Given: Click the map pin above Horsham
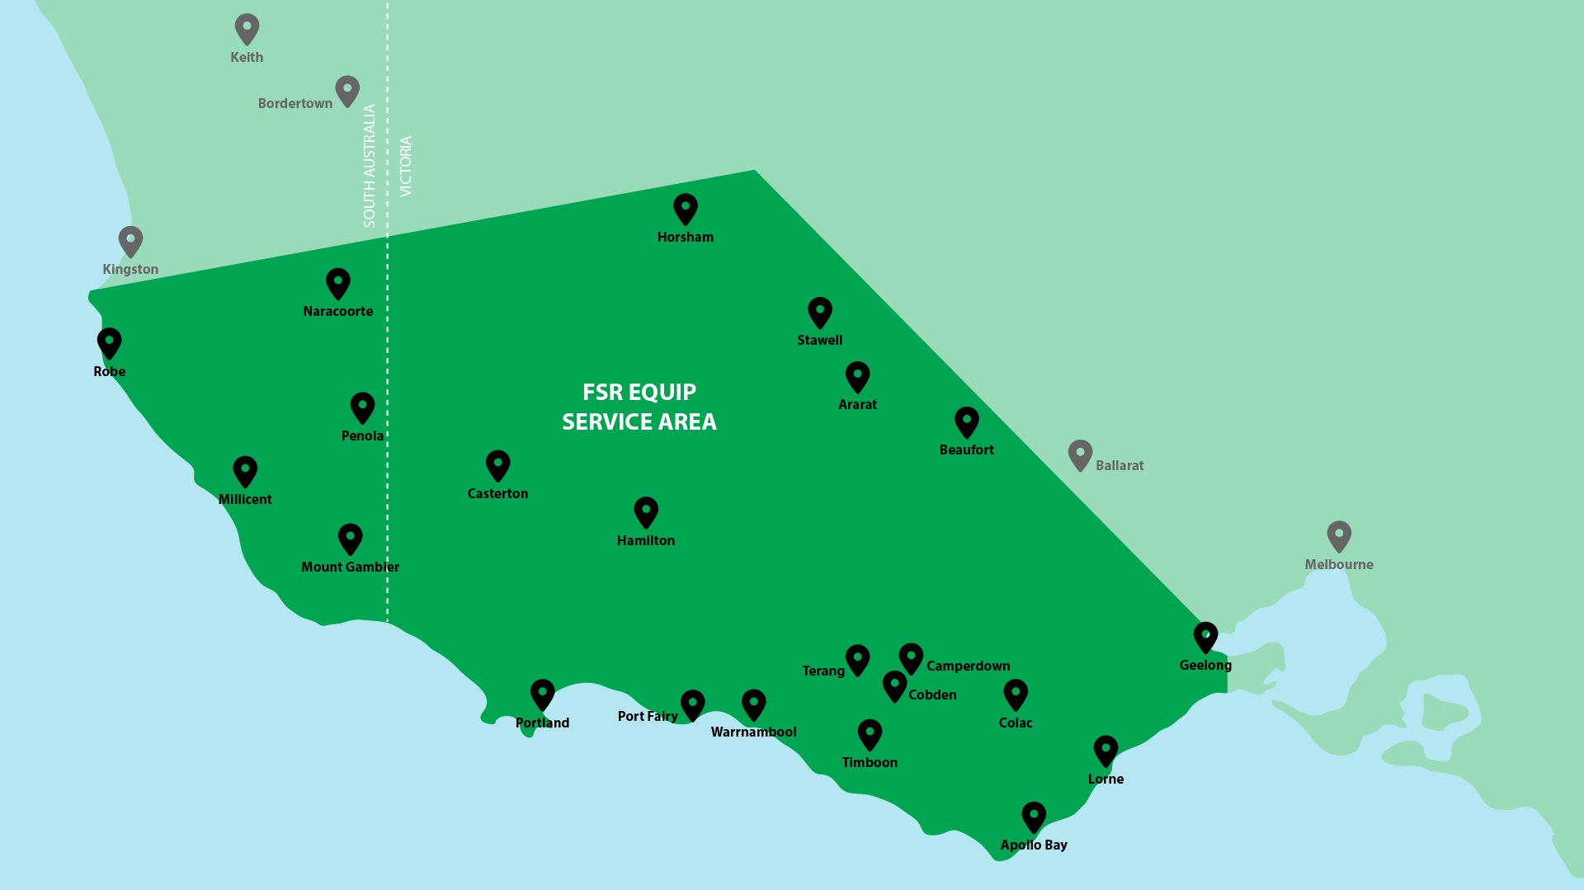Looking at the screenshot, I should [685, 208].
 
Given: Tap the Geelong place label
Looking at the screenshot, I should [1204, 665].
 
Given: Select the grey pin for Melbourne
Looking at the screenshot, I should [1338, 535].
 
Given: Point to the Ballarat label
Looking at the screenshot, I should [1119, 465].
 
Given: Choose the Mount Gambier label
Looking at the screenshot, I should [350, 567].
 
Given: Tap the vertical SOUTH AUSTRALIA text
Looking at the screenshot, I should [369, 165].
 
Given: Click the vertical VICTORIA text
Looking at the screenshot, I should [405, 166].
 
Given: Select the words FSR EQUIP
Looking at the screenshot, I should [639, 392].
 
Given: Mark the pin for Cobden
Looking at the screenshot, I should [894, 685].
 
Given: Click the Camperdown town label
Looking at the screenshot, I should [968, 666].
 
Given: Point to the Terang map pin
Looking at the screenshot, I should [857, 659].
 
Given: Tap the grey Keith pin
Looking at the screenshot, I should [247, 28].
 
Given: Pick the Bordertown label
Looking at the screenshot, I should [295, 103].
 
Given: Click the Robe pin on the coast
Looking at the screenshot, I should [109, 342].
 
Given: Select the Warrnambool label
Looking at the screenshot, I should [753, 732].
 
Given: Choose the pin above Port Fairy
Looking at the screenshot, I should [692, 704].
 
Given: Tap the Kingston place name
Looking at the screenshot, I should [130, 269].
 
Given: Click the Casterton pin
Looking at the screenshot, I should [497, 464].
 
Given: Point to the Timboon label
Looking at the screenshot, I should [870, 762].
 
